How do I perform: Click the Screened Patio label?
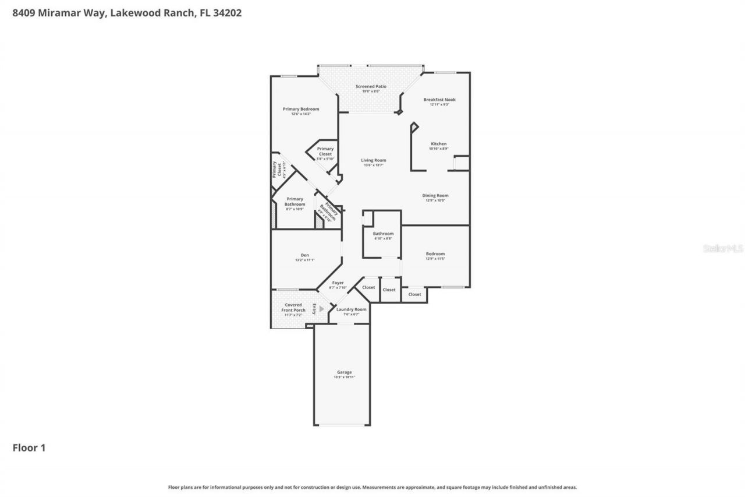371,87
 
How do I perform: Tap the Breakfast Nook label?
439,100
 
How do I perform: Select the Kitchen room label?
438,144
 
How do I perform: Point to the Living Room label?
373,161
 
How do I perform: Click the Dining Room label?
435,196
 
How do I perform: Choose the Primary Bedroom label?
301,110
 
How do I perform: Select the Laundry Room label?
351,310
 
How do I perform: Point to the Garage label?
344,373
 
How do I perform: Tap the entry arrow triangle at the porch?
321,309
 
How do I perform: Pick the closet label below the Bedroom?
414,294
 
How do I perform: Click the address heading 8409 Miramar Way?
127,12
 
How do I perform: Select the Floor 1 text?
29,447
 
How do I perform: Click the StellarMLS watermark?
723,248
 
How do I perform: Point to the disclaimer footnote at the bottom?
372,487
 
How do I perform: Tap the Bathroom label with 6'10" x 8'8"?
383,234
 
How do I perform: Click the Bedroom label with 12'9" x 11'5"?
435,255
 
